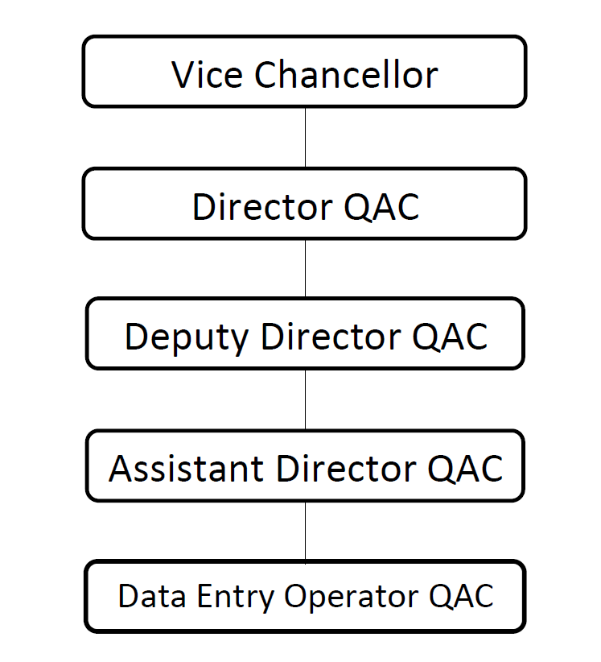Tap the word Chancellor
[346, 75]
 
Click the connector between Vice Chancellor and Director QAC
[305, 137]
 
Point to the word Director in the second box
[261, 207]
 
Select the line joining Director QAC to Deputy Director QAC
[305, 268]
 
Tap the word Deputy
[187, 337]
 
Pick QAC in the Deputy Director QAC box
[450, 336]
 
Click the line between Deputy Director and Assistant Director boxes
[305, 399]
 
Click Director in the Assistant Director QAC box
[345, 468]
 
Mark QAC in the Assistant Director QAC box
[466, 468]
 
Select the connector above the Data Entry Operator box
[305, 532]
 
